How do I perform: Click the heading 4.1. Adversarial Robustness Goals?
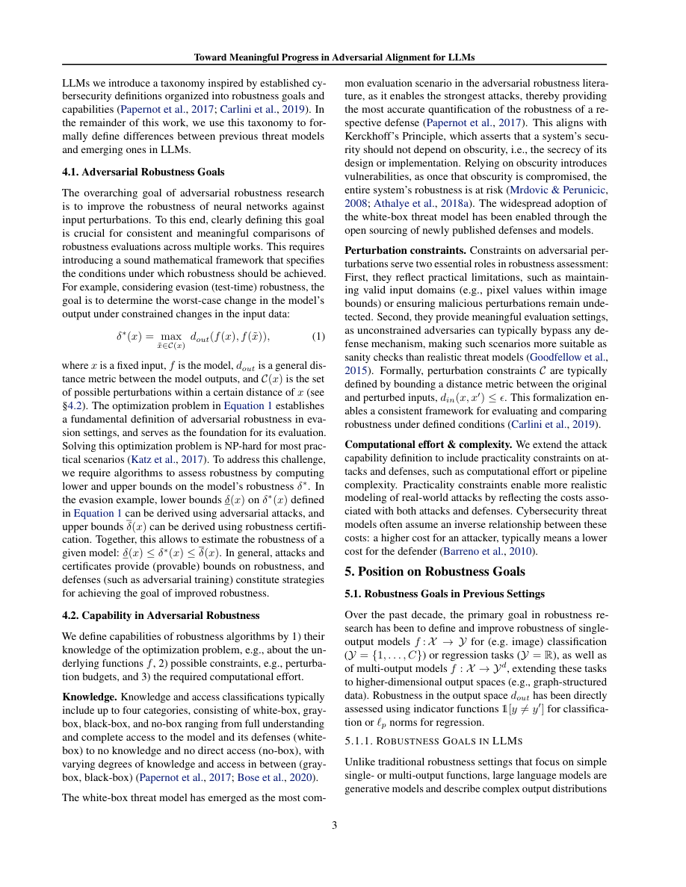point(143,172)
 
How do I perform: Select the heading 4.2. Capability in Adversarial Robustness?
point(161,615)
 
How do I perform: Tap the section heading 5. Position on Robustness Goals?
point(435,571)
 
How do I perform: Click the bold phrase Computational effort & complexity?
point(428,443)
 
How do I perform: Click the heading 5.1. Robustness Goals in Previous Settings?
point(444,594)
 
